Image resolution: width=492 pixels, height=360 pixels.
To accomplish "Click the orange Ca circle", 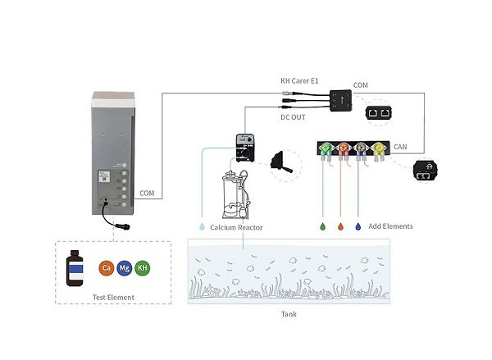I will point(106,268).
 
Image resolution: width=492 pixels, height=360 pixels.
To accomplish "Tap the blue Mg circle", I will point(125,268).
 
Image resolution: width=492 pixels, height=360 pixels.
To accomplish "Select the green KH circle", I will point(143,268).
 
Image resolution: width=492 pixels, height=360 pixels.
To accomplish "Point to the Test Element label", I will point(113,297).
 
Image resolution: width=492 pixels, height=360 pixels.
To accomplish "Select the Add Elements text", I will point(390,226).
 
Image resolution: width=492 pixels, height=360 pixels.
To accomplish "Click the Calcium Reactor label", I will point(236,226).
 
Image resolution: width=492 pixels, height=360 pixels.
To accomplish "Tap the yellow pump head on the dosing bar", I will point(381,149).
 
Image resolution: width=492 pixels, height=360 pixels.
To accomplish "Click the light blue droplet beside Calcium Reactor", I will point(202,226).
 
